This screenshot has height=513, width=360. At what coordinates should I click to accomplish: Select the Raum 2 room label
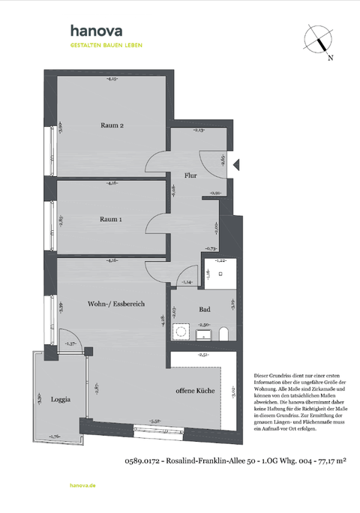click(x=112, y=124)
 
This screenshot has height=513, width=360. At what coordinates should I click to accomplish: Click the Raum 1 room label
click(x=110, y=219)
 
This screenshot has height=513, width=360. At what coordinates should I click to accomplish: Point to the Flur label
click(x=190, y=176)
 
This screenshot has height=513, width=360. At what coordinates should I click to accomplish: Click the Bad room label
click(x=204, y=309)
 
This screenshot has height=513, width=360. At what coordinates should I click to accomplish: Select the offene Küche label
click(x=196, y=391)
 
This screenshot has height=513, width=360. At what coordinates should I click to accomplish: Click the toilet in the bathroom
click(x=225, y=332)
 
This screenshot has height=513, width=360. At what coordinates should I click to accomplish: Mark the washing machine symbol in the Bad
click(x=180, y=330)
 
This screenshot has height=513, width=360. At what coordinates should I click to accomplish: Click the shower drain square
click(x=220, y=274)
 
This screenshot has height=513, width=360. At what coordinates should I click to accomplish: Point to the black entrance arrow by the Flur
click(x=235, y=163)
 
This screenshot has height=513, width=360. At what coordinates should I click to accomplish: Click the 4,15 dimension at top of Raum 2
click(x=112, y=79)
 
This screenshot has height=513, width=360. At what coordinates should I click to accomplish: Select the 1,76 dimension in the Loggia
click(x=54, y=436)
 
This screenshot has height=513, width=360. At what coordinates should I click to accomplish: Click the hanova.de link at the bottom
click(x=82, y=485)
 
